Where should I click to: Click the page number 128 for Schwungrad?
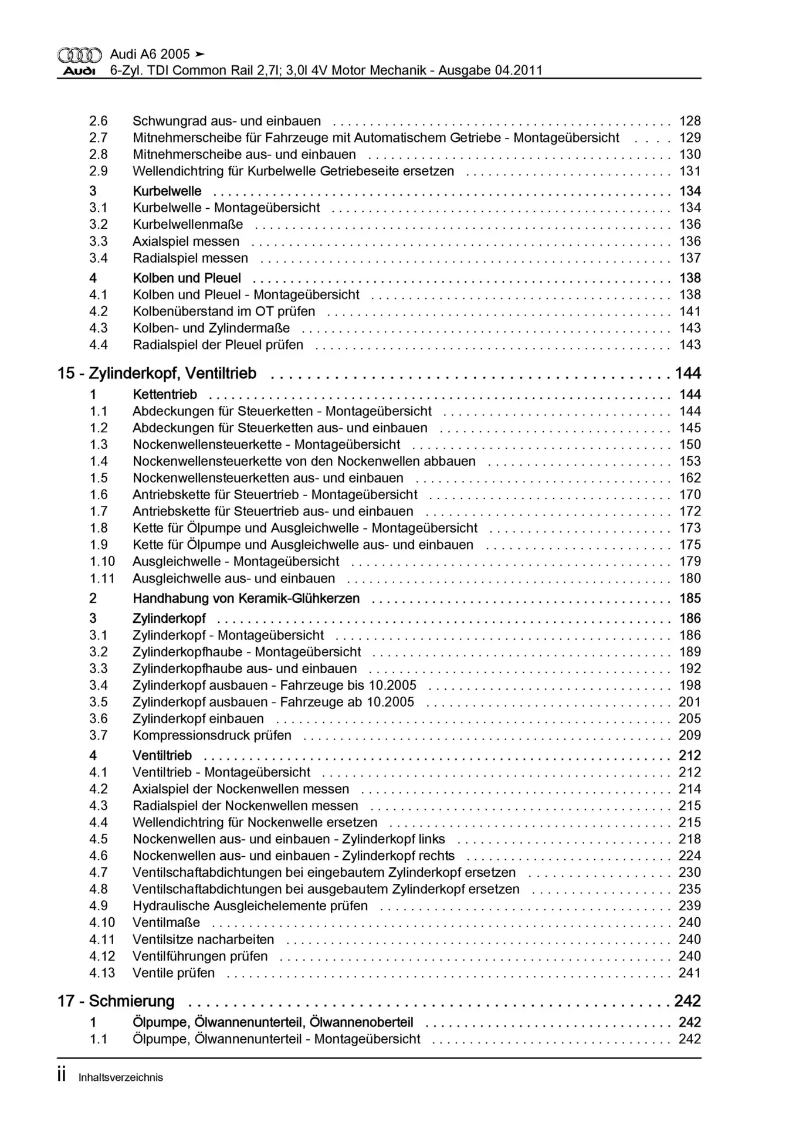click(x=690, y=121)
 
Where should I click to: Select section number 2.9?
click(x=99, y=171)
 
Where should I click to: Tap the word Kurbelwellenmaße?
click(x=188, y=225)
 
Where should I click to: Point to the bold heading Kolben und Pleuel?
click(x=187, y=278)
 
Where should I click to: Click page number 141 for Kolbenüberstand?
click(x=690, y=311)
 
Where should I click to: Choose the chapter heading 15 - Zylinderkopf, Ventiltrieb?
click(x=157, y=374)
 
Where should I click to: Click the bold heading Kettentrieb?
click(x=165, y=395)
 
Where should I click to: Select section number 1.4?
click(x=99, y=462)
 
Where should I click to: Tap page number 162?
click(x=690, y=478)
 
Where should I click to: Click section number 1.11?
click(x=101, y=578)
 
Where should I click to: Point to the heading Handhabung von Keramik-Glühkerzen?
click(x=246, y=599)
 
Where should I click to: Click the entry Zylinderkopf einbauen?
click(x=198, y=719)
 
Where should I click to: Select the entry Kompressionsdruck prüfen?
click(x=212, y=735)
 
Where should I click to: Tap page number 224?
click(x=690, y=856)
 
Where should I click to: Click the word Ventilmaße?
click(x=166, y=922)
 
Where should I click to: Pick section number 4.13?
click(x=102, y=973)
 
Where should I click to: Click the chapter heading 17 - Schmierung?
click(x=116, y=1001)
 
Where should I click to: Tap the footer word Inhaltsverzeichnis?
click(x=120, y=1077)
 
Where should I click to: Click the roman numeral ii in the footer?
click(x=62, y=1076)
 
